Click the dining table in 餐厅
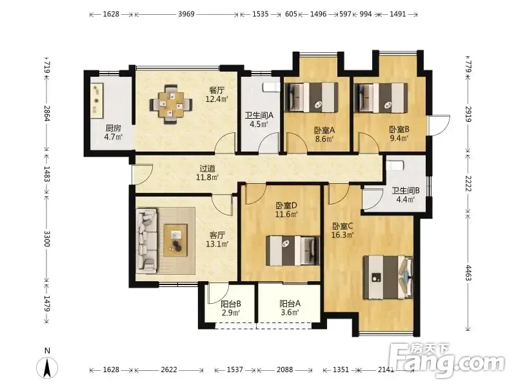tap(170, 104)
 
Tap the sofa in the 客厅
tap(147, 241)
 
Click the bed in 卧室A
tap(312, 97)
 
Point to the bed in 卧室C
tap(388, 277)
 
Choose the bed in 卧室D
tap(293, 250)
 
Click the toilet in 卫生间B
tap(395, 165)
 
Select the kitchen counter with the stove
tap(97, 101)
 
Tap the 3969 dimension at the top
tap(186, 14)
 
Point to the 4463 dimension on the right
tap(468, 272)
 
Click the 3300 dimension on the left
tap(47, 239)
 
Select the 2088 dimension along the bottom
tap(284, 370)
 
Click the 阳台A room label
tap(290, 303)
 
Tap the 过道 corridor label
tap(207, 169)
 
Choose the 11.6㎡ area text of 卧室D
tap(286, 215)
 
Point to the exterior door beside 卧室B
tap(439, 125)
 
